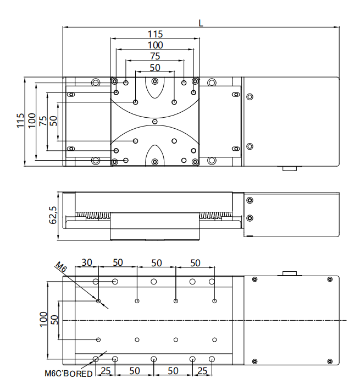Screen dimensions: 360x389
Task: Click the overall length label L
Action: [x=201, y=23]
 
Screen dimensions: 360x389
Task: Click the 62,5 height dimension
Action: [x=53, y=215]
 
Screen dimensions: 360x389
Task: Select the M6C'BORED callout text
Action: [x=69, y=374]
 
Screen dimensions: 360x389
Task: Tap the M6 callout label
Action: [x=61, y=267]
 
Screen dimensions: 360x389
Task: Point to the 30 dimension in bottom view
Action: [x=87, y=262]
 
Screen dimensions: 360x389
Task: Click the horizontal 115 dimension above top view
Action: [x=155, y=34]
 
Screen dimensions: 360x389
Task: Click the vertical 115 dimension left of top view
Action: [x=20, y=121]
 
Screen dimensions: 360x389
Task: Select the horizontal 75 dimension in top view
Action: [x=155, y=56]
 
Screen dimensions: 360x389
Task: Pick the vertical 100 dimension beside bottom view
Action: [x=43, y=320]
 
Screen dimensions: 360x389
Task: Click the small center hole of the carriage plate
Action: [x=155, y=122]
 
